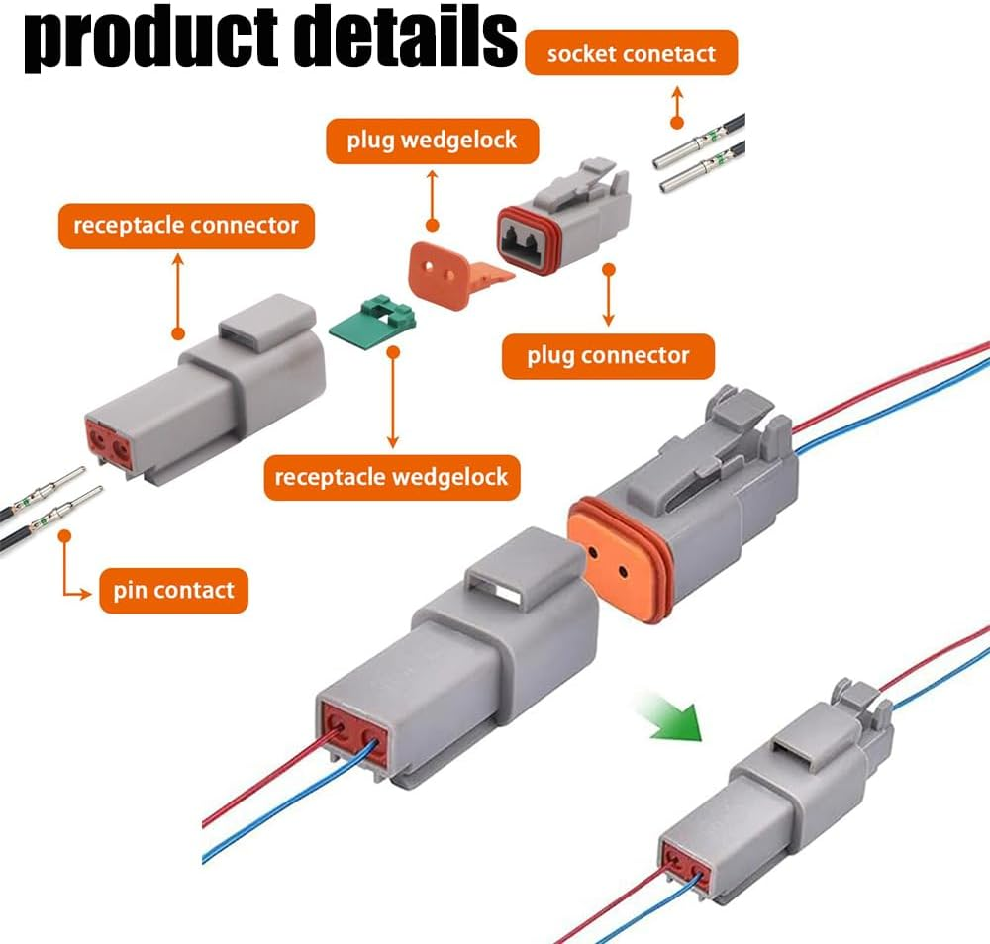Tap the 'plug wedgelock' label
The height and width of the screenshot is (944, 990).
pos(432,140)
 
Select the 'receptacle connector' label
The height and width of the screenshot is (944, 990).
pos(186,225)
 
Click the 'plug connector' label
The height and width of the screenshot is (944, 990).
pos(607,354)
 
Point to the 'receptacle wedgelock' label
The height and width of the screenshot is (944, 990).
pos(391,477)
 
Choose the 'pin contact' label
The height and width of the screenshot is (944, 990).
pos(173,591)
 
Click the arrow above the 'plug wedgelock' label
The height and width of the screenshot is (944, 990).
pos(432,198)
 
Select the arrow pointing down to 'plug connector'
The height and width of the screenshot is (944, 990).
pos(608,297)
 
